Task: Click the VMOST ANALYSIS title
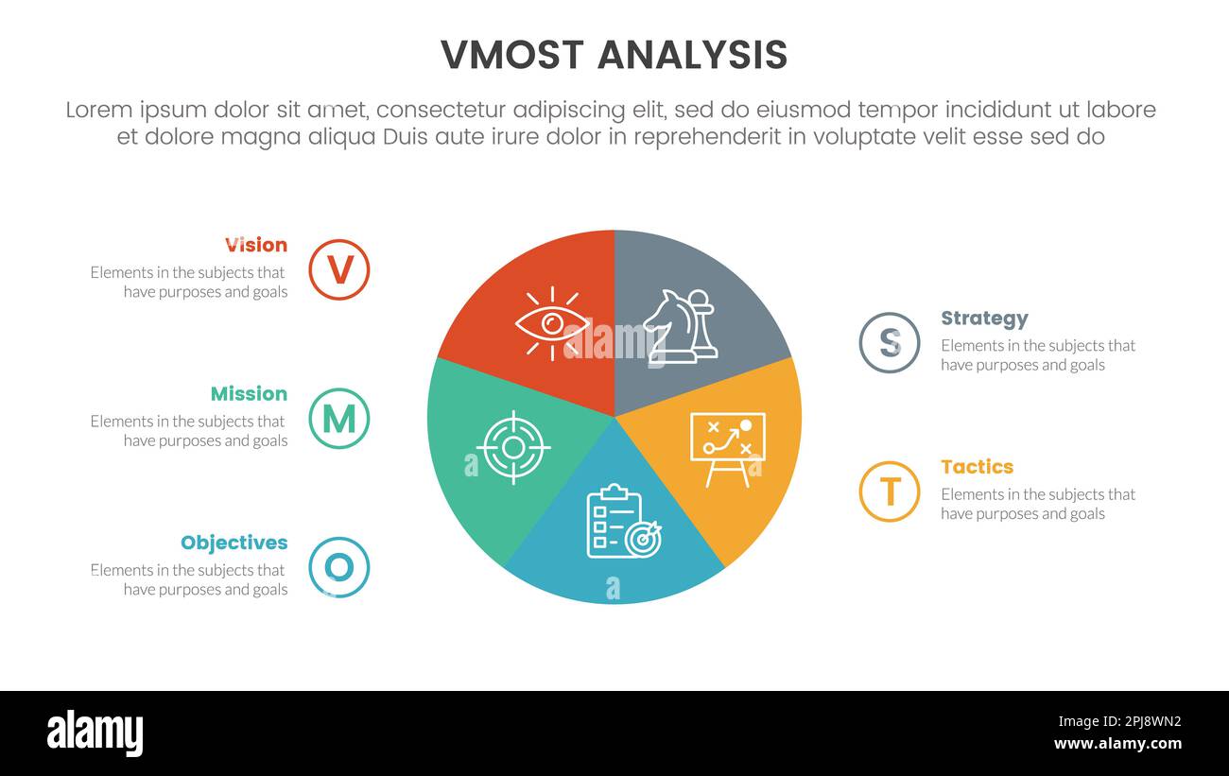[x=614, y=56]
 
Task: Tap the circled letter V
[x=339, y=270]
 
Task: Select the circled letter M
[x=339, y=419]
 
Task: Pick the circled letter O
[x=339, y=567]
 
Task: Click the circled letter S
[x=890, y=343]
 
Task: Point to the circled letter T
[x=890, y=491]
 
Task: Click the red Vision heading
[x=256, y=245]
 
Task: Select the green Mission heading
[x=249, y=393]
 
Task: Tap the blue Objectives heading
[x=234, y=543]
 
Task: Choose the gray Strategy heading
[x=984, y=319]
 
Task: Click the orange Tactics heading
[x=977, y=467]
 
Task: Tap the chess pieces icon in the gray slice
[x=681, y=326]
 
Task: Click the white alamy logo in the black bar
[x=95, y=733]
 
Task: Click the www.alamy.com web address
[x=1117, y=744]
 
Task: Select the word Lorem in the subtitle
[x=98, y=110]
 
